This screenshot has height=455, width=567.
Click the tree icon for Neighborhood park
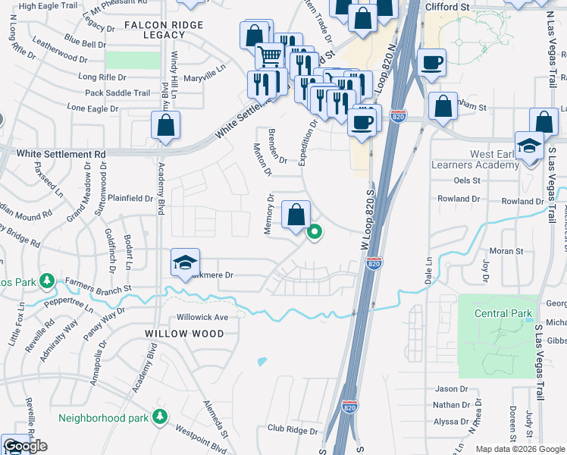click(160, 416)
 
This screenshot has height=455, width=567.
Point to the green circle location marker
click(313, 234)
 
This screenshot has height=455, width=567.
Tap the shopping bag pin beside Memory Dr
click(296, 215)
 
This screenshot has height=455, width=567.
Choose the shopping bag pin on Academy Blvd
click(165, 127)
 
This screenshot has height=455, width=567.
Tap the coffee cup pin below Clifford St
click(432, 63)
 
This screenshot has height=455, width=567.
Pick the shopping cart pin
click(270, 56)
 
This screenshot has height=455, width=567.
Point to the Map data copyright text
click(520, 449)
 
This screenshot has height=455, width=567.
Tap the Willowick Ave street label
click(202, 317)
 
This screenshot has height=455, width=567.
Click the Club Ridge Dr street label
click(292, 429)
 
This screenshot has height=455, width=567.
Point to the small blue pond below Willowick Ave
click(262, 362)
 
